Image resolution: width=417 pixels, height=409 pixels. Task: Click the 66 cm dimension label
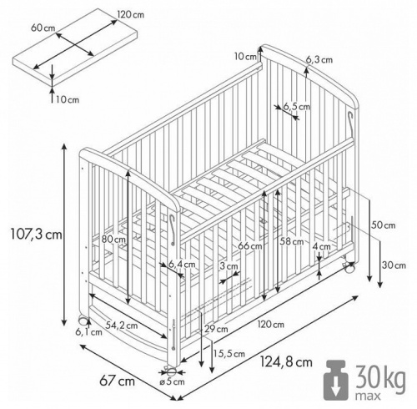click(x=249, y=245)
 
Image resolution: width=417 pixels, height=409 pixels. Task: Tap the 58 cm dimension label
click(x=292, y=241)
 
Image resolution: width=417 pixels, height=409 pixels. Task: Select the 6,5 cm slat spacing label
click(x=296, y=107)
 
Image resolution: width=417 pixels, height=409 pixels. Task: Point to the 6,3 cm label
click(x=319, y=59)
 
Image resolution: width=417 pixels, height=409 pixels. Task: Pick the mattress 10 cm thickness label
click(x=68, y=99)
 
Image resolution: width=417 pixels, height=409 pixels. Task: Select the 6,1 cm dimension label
click(x=88, y=331)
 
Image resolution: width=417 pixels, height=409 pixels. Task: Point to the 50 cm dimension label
click(x=384, y=225)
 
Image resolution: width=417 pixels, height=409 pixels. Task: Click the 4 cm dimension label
click(x=322, y=247)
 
